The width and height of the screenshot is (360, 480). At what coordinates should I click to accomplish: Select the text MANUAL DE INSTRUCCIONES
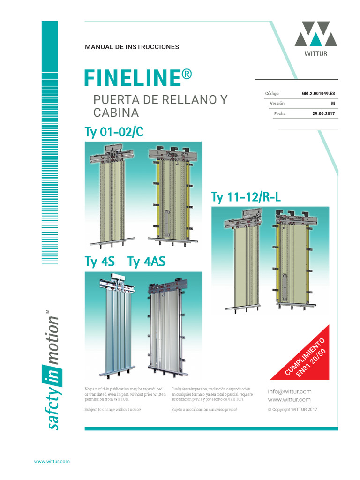132,47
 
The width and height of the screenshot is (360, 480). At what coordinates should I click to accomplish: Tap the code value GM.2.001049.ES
319,93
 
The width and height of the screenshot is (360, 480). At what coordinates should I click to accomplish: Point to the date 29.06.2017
323,113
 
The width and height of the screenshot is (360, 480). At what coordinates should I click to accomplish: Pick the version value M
333,104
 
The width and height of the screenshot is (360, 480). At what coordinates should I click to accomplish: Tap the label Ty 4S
99,262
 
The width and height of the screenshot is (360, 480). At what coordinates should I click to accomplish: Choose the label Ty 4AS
146,262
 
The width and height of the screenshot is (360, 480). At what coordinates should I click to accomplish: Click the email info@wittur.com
289,391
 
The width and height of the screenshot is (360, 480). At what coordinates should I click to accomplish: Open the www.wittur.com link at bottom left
52,461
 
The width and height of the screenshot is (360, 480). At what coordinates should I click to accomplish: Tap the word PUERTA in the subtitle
114,100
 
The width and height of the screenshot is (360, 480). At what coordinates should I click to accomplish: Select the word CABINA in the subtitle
116,113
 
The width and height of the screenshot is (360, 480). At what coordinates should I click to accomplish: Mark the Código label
272,93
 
